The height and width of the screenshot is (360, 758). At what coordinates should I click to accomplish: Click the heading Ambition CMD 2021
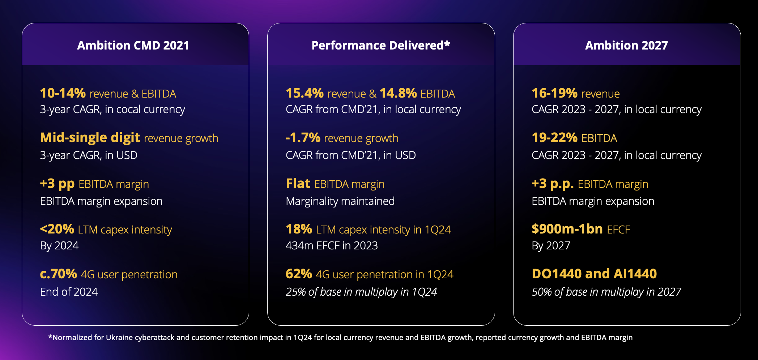click(133, 46)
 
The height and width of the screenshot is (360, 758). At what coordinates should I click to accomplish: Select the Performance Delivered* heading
click(380, 46)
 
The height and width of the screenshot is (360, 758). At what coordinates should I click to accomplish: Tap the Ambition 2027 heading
click(626, 46)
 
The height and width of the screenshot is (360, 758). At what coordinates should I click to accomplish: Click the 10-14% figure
click(63, 93)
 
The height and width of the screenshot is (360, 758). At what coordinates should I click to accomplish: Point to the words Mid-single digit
click(90, 138)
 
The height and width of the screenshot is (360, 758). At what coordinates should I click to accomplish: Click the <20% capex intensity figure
click(57, 229)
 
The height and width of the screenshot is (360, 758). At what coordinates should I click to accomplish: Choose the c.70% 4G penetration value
click(58, 274)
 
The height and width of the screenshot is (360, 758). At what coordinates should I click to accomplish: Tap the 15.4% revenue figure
click(305, 93)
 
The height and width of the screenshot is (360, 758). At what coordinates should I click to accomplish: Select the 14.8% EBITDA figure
click(398, 93)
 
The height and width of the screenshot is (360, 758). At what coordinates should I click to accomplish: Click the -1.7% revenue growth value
click(303, 138)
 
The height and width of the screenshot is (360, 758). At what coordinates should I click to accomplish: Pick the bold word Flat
click(298, 184)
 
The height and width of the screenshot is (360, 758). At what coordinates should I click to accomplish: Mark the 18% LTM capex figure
click(299, 229)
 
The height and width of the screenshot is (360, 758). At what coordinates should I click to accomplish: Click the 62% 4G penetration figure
click(299, 274)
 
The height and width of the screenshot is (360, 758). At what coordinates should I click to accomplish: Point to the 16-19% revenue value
click(554, 93)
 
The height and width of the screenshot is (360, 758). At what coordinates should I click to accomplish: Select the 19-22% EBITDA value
click(554, 138)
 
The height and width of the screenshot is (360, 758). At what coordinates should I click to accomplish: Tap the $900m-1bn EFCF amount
click(567, 229)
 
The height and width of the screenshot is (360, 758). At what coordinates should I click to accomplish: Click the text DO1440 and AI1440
click(594, 274)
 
